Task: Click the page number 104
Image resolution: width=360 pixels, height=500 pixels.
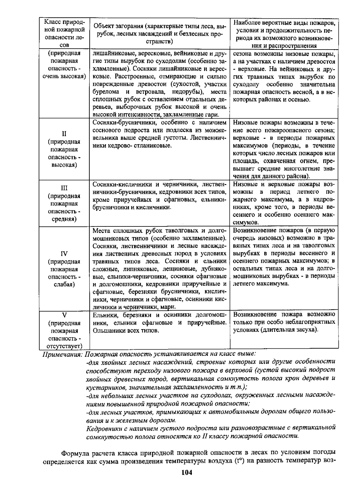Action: [186, 473]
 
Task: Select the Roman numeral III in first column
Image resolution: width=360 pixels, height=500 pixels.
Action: [64, 188]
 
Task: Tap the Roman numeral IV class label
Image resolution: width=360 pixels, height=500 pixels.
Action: [64, 254]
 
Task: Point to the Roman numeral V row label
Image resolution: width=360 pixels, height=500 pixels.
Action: [64, 315]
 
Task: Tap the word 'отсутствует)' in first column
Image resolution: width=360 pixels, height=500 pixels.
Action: [64, 346]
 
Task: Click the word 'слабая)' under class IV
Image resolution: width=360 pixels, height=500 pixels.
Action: [64, 284]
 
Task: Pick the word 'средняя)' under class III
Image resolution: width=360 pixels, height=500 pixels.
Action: [64, 219]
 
